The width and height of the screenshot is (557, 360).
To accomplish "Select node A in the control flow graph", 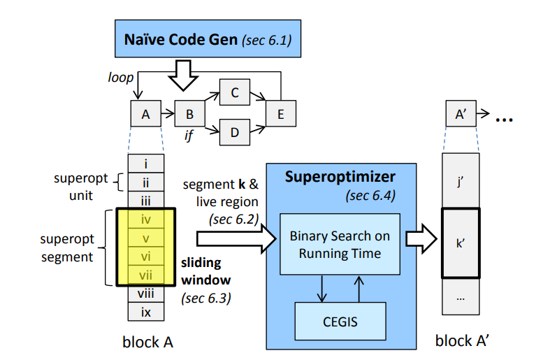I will coord(145,113).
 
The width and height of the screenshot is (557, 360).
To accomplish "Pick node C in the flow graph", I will coord(234,92).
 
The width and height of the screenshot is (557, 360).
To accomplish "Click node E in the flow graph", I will coord(280,113).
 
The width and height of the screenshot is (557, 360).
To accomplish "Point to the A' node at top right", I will coord(461,113).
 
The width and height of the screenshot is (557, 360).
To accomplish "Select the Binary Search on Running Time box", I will coord(340,244).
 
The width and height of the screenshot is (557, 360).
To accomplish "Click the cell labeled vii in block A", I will coord(146,275).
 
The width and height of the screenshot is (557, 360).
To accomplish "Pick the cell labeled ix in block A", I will coord(146,312).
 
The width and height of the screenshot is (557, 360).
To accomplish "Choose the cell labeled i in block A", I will coord(146,164).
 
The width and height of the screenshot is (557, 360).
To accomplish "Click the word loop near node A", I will coord(121,78).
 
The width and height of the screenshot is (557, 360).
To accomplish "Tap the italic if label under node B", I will coord(188,136).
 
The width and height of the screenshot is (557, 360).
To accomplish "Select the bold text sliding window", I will coord(203,271).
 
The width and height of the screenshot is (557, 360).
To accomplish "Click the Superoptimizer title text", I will coord(340,177).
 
